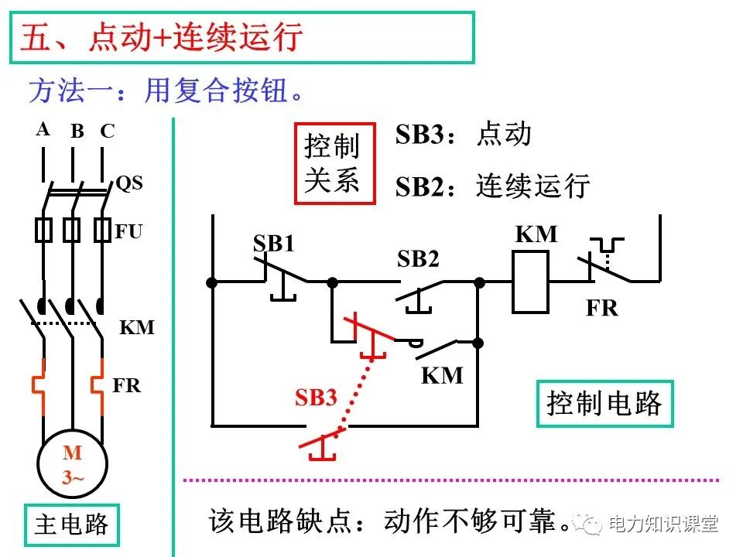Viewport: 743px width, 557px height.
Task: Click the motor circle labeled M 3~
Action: pyautogui.click(x=73, y=465)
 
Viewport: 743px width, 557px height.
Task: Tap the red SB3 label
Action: pyautogui.click(x=316, y=398)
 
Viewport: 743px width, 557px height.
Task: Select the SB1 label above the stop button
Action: pyautogui.click(x=274, y=244)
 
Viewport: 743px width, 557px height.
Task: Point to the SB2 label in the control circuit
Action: pyautogui.click(x=418, y=259)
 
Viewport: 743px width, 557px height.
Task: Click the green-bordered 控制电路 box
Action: pyautogui.click(x=604, y=403)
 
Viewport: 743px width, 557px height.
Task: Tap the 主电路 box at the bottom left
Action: pyautogui.click(x=70, y=526)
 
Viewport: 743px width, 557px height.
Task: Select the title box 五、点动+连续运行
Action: pyautogui.click(x=241, y=37)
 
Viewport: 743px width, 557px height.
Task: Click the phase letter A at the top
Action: pyautogui.click(x=43, y=129)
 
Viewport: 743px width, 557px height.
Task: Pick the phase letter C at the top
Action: pyautogui.click(x=107, y=132)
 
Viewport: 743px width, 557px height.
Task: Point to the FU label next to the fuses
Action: pyautogui.click(x=128, y=231)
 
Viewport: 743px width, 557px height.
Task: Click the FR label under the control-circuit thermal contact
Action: pyautogui.click(x=601, y=308)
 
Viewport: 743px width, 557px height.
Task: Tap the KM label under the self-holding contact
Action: pyautogui.click(x=442, y=376)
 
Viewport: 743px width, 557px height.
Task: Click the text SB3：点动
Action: pyautogui.click(x=464, y=134)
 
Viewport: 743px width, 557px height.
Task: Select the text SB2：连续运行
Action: pyautogui.click(x=492, y=186)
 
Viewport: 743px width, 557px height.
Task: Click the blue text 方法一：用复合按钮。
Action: pyautogui.click(x=167, y=91)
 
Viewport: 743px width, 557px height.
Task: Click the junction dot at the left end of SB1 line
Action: pyautogui.click(x=211, y=282)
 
